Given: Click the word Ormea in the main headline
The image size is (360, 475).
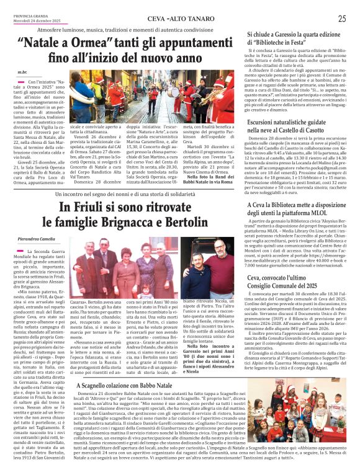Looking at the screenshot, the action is click(97, 43).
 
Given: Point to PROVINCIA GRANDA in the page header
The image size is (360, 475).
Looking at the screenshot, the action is click(27, 15).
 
